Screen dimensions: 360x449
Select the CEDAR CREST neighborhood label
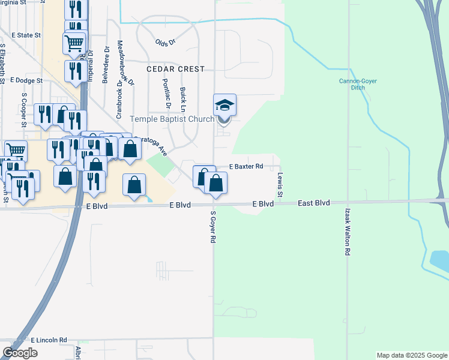tap(176, 70)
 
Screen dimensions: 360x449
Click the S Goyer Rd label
tap(213, 227)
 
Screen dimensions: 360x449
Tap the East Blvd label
tap(314, 204)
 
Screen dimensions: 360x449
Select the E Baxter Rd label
tap(247, 166)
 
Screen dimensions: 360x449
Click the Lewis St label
tap(280, 185)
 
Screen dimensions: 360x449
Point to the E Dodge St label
tap(27, 80)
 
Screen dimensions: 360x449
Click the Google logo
tap(20, 353)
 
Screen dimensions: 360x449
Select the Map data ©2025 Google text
tap(411, 355)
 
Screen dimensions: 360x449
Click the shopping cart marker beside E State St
tap(74, 43)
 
